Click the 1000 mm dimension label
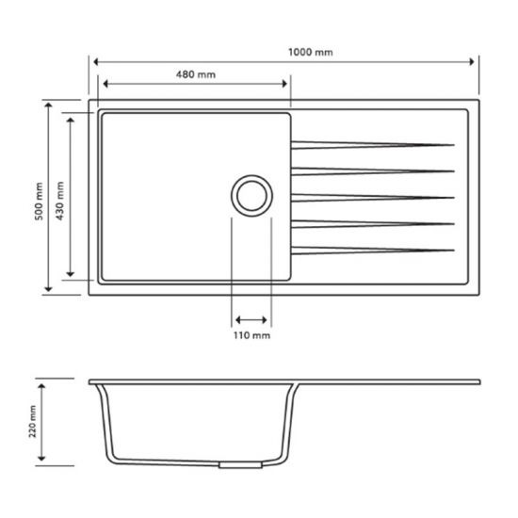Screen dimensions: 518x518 [312, 52]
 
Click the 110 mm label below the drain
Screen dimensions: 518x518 [252, 335]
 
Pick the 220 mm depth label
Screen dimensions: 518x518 [33, 423]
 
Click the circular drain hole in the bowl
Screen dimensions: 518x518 [252, 196]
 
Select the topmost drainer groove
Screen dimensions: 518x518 [373, 144]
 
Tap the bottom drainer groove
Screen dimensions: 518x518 [373, 250]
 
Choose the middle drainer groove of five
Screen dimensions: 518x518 [373, 197]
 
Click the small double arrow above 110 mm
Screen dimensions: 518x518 [252, 319]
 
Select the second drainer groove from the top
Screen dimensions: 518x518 [373, 170]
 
